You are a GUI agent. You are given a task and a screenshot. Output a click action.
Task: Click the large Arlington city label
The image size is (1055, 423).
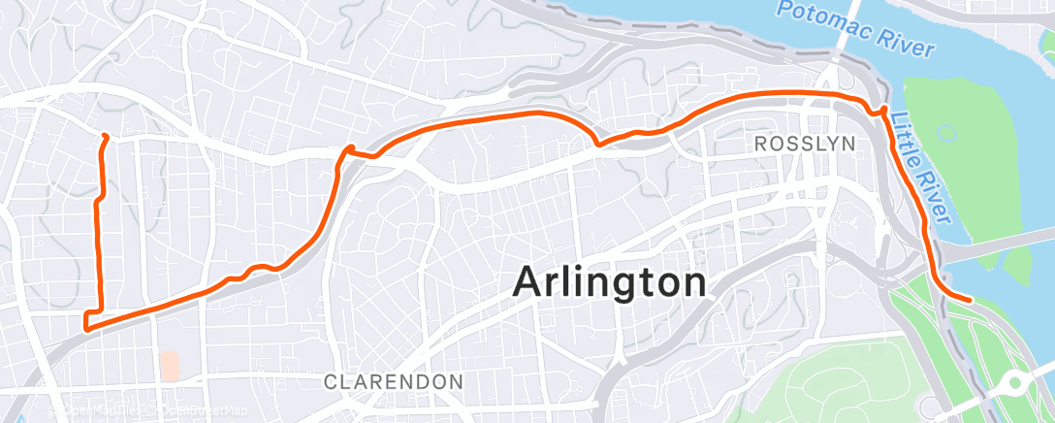pyautogui.click(x=610, y=283)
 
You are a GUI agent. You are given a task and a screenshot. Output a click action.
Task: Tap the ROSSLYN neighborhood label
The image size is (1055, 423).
pyautogui.click(x=805, y=144)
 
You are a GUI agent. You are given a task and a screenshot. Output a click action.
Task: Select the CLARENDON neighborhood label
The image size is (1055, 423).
pyautogui.click(x=393, y=382)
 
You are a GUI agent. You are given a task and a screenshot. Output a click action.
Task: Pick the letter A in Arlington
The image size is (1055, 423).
pyautogui.click(x=529, y=283)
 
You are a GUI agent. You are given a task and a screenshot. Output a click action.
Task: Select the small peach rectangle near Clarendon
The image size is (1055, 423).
pyautogui.click(x=170, y=366)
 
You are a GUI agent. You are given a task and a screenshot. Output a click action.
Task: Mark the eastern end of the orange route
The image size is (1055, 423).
pyautogui.click(x=970, y=300)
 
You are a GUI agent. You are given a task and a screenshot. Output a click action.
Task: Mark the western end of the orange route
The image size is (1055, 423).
pyautogui.click(x=103, y=136)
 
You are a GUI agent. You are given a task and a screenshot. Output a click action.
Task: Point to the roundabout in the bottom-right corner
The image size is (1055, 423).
pyautogui.click(x=1016, y=383)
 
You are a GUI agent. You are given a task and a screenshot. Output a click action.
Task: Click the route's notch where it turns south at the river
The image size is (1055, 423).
pyautogui.click(x=883, y=111)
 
